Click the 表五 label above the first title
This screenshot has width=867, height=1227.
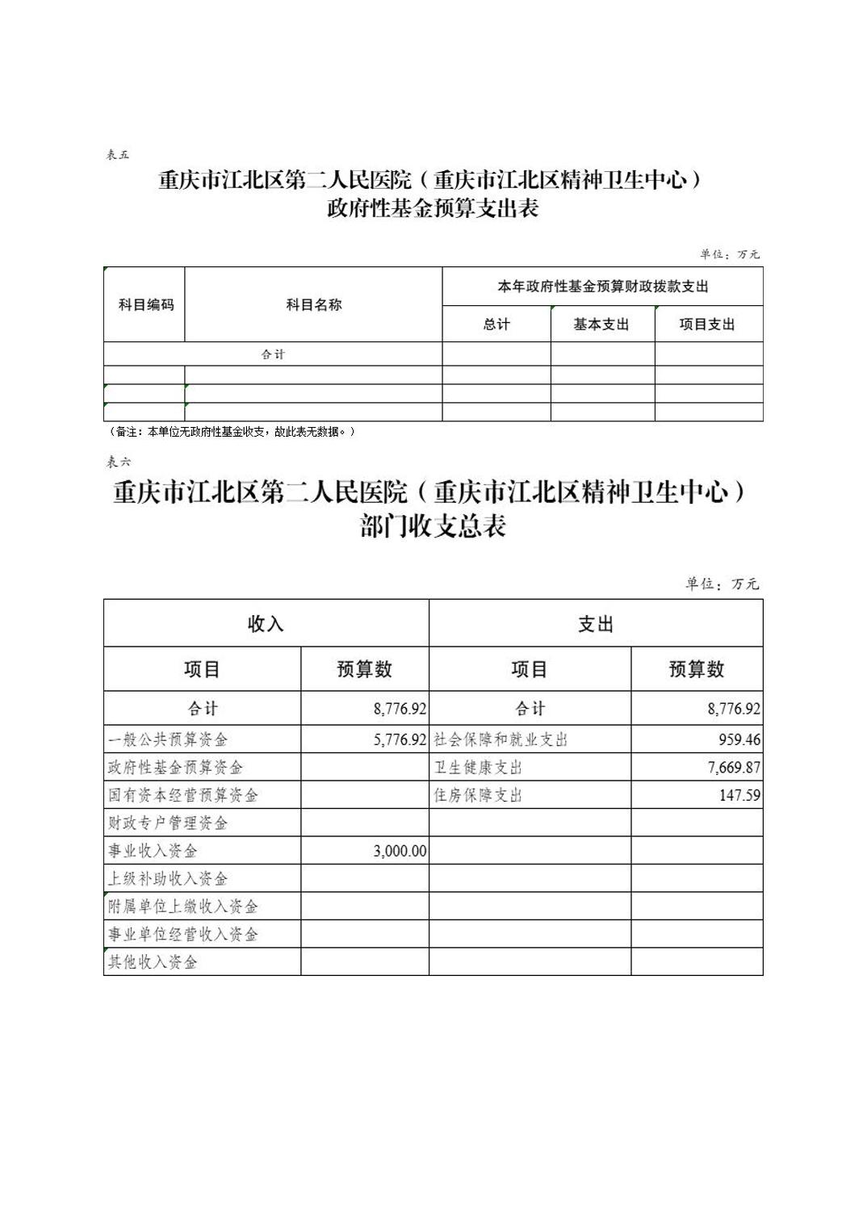(x=118, y=154)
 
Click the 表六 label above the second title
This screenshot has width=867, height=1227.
(x=118, y=462)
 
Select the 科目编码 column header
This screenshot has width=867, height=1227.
(x=145, y=305)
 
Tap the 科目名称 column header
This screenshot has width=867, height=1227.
(x=313, y=305)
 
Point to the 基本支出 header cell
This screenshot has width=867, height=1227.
(x=601, y=325)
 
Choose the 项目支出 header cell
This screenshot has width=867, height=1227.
(x=707, y=325)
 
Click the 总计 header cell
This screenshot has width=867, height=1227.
(x=496, y=325)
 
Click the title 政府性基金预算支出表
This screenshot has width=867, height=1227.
(x=433, y=209)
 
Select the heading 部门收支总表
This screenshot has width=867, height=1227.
(x=433, y=527)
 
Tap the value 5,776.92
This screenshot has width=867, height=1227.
(x=400, y=739)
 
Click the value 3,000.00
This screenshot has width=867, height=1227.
(x=400, y=851)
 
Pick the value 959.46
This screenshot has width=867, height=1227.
(x=739, y=739)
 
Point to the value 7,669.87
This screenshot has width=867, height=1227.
(x=734, y=768)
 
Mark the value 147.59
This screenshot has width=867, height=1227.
(x=739, y=795)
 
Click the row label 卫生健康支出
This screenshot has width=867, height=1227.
(x=478, y=768)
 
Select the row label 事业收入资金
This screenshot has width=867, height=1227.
(x=153, y=851)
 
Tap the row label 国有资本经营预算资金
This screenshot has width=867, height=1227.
(x=183, y=795)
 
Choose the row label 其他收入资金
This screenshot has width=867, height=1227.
(x=153, y=962)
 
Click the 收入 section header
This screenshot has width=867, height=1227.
(x=266, y=624)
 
